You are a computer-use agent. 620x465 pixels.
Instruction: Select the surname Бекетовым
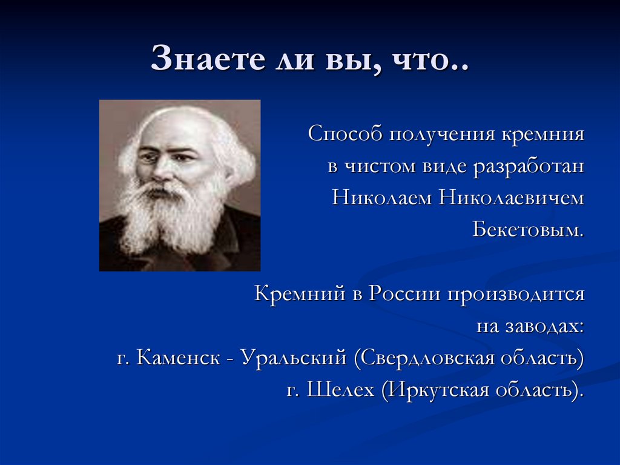[x=529, y=230]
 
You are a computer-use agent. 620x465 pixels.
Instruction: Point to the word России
[x=403, y=294]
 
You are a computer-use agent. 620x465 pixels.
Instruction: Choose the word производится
[x=516, y=295]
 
